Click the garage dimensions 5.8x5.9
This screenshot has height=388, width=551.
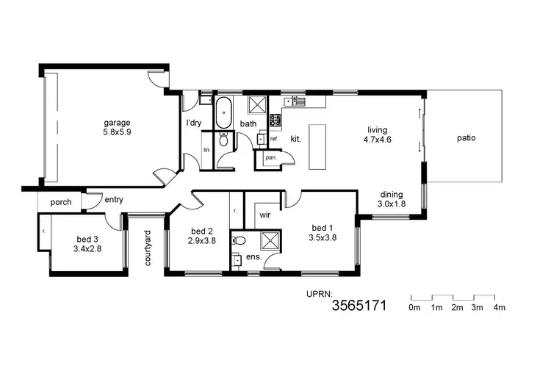117,134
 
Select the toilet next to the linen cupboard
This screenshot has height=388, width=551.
224,140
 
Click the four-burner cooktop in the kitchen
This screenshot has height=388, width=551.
275,120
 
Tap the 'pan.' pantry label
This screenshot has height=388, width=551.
270,157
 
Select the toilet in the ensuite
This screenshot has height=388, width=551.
238,240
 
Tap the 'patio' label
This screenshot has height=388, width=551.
466,137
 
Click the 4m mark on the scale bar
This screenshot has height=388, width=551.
500,307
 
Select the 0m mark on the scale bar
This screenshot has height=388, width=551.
414,307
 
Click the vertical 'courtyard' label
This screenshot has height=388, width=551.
148,248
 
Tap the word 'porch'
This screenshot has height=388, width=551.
60,202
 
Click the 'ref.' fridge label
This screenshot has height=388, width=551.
274,138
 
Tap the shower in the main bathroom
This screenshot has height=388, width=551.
256,104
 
